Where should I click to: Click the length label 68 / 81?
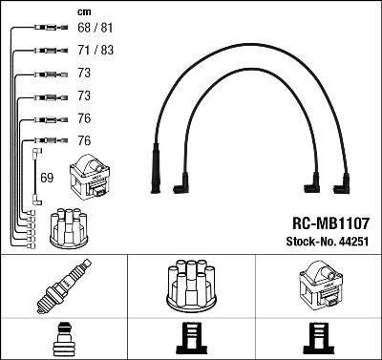[95, 28]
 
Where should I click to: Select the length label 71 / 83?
[95, 50]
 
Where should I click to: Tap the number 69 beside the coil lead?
[47, 178]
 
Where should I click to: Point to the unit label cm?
[84, 12]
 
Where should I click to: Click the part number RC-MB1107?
[330, 223]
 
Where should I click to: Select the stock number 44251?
[353, 242]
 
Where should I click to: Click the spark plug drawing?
[64, 286]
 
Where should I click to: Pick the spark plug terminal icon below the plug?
[64, 340]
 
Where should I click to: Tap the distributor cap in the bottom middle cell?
[191, 286]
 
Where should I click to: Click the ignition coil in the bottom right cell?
[320, 286]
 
